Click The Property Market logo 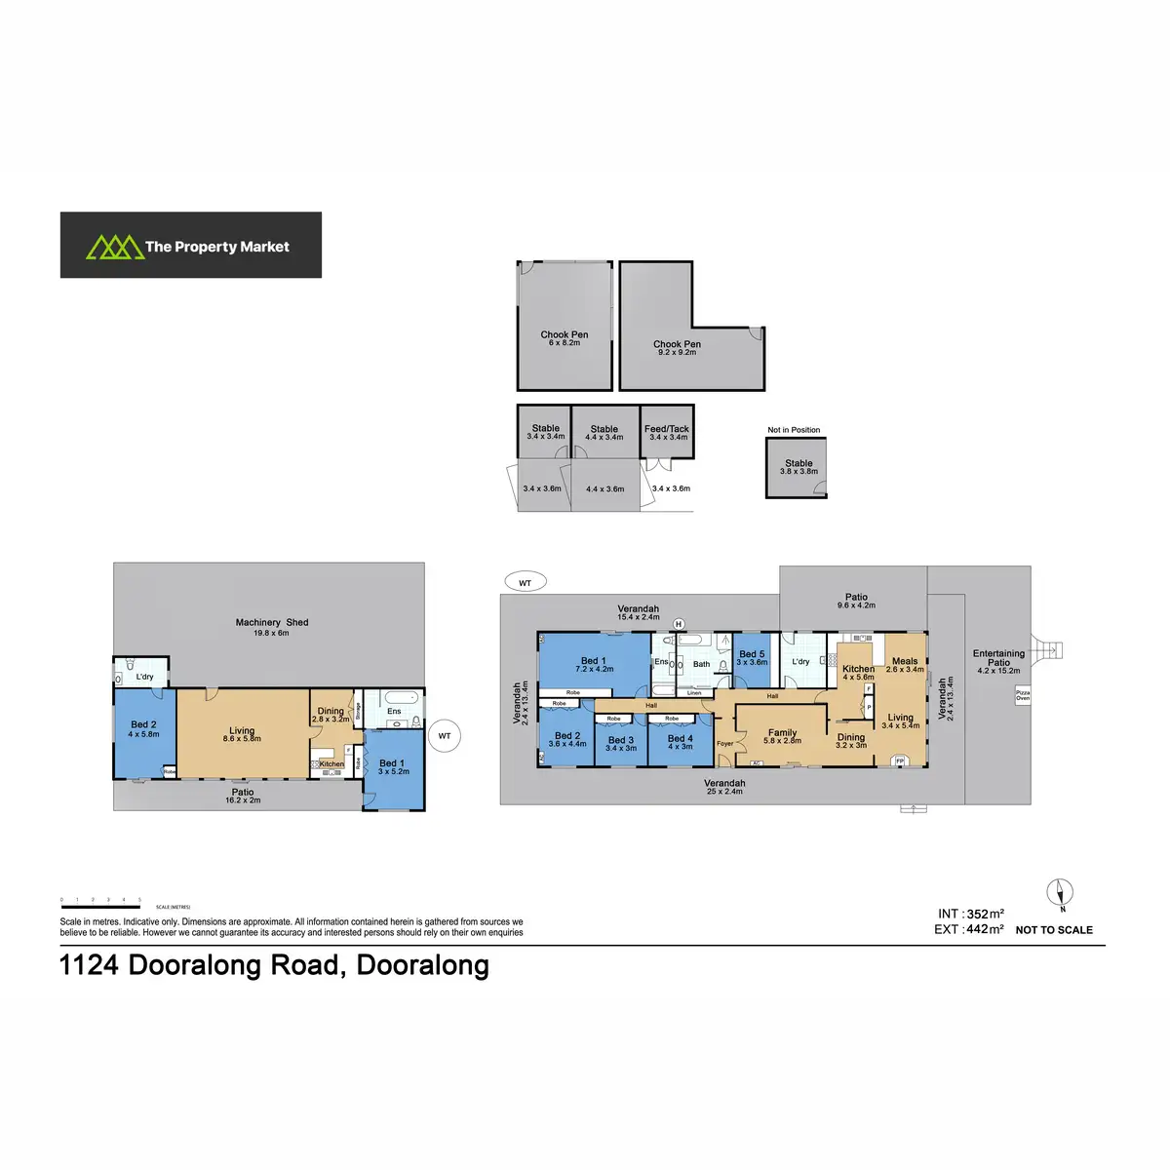tap(190, 246)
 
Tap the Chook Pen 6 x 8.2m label tap(565, 338)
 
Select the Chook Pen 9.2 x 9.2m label tap(677, 347)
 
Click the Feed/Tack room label tap(667, 432)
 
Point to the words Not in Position tap(794, 430)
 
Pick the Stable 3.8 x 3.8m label tap(799, 467)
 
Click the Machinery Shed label tap(271, 626)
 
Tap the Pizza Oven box tap(1023, 695)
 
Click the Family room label tap(782, 736)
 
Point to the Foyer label tap(724, 744)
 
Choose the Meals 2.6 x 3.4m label tap(905, 665)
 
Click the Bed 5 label tap(752, 657)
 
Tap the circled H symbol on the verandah tap(679, 624)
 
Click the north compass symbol tap(1061, 893)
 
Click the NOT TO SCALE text tap(1054, 930)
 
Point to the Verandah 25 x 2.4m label tap(724, 787)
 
